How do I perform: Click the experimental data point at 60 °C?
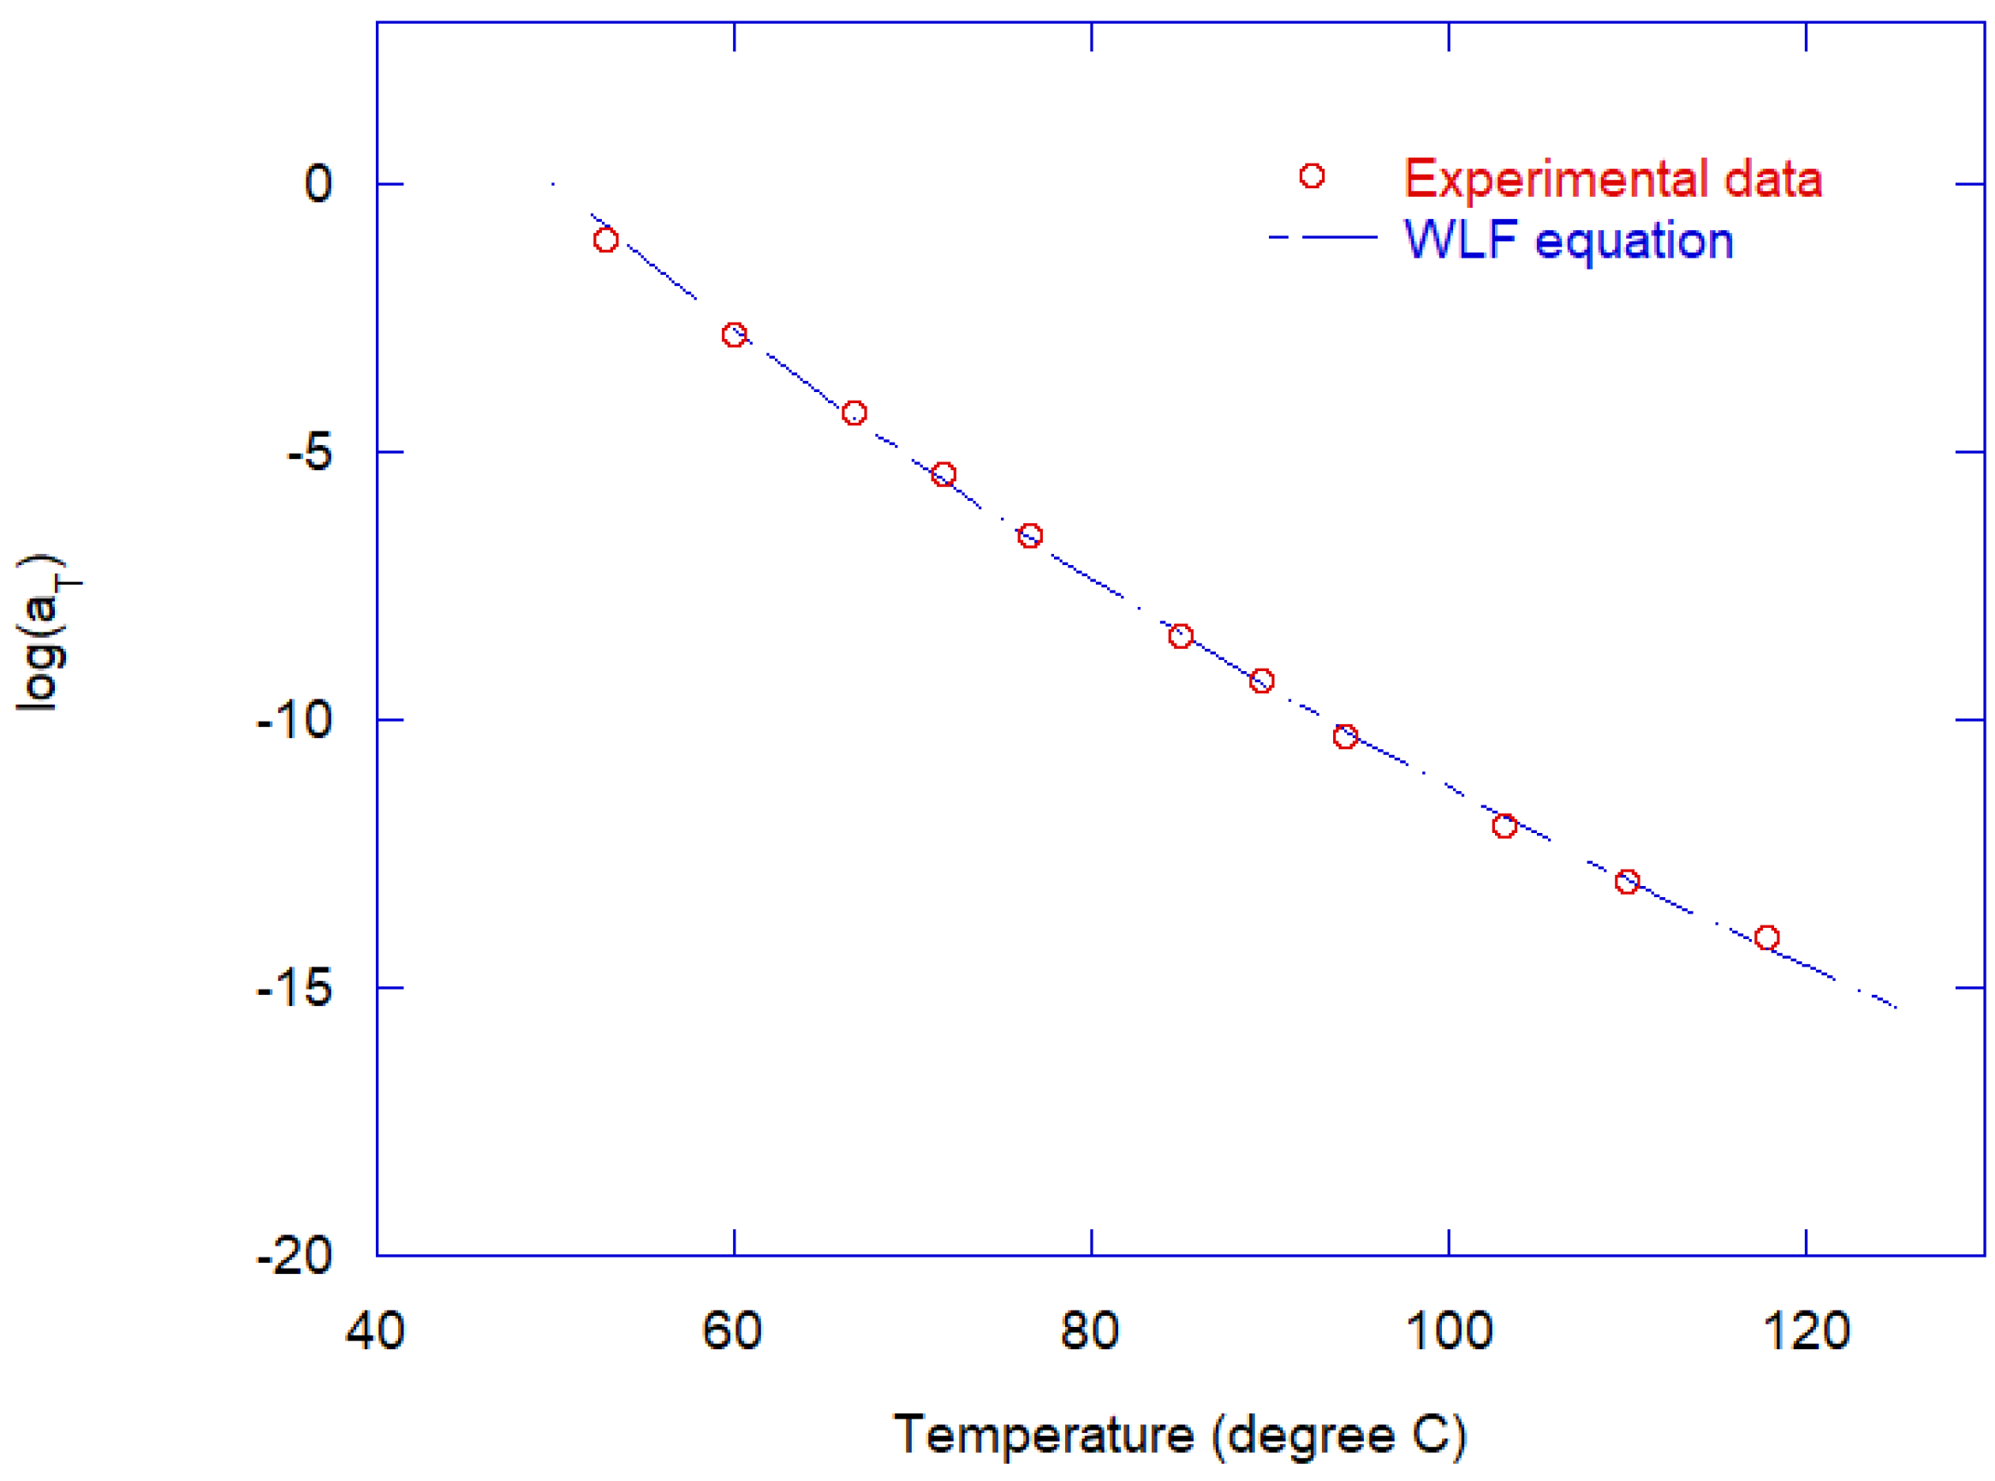pos(734,335)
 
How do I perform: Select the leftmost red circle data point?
pos(605,240)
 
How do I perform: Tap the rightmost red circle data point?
pos(1766,937)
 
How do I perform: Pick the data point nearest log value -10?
pos(1345,736)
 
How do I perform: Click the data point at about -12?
pos(1504,825)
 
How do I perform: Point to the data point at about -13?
pos(1628,881)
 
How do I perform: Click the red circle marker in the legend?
pos(1312,175)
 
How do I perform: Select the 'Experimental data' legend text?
pos(1612,178)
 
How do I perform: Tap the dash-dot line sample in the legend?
pos(1324,238)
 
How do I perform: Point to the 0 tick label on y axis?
pos(318,184)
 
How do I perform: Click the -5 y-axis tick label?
pos(308,453)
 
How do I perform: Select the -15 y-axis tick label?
pos(294,989)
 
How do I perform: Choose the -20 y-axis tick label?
pos(294,1256)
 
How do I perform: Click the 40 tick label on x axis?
pos(375,1330)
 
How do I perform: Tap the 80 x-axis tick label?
pos(1089,1330)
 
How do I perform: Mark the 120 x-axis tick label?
pos(1806,1330)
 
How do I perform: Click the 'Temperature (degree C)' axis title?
pos(1180,1436)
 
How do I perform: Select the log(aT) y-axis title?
pos(45,632)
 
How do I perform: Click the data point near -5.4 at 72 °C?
pos(944,474)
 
